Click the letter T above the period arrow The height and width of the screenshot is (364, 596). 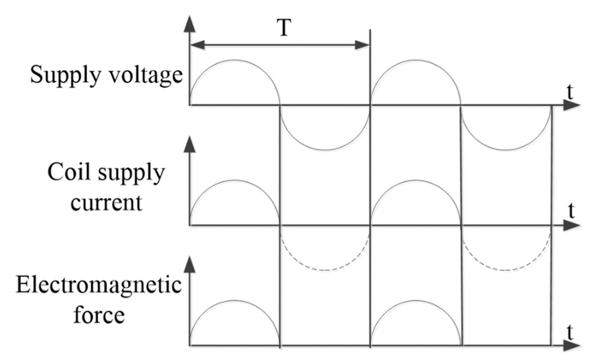tap(283, 28)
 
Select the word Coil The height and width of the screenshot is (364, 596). tap(71, 173)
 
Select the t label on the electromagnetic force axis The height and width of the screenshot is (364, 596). tap(570, 334)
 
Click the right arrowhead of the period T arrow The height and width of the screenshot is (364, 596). tap(362, 46)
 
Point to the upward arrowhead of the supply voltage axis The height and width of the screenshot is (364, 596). tap(190, 24)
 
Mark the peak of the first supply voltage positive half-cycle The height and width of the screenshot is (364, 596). tap(234, 60)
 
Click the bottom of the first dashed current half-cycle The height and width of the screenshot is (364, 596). tap(325, 270)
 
